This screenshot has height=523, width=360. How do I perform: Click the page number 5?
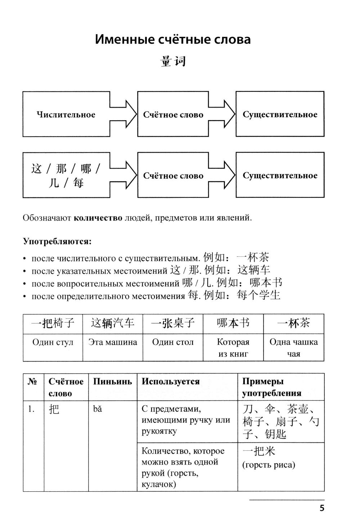(x=322, y=508)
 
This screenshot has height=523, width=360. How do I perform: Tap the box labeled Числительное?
(x=66, y=114)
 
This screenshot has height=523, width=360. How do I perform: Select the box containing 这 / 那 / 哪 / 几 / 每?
(x=66, y=176)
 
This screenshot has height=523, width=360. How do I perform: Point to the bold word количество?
(x=98, y=218)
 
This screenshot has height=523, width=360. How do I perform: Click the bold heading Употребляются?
(x=57, y=241)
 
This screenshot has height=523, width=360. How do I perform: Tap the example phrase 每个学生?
(x=258, y=296)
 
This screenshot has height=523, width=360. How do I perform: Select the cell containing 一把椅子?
(x=53, y=323)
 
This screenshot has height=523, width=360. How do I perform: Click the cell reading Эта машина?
(x=113, y=342)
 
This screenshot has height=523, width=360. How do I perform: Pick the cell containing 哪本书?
(x=233, y=323)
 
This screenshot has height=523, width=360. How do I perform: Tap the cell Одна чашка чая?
(x=293, y=347)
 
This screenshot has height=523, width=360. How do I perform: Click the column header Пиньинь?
(x=112, y=382)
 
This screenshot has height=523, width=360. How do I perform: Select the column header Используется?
(x=170, y=382)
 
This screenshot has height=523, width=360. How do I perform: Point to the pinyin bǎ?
(x=97, y=409)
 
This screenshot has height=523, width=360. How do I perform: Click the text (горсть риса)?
(x=269, y=465)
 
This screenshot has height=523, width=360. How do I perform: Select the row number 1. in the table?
(x=31, y=409)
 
